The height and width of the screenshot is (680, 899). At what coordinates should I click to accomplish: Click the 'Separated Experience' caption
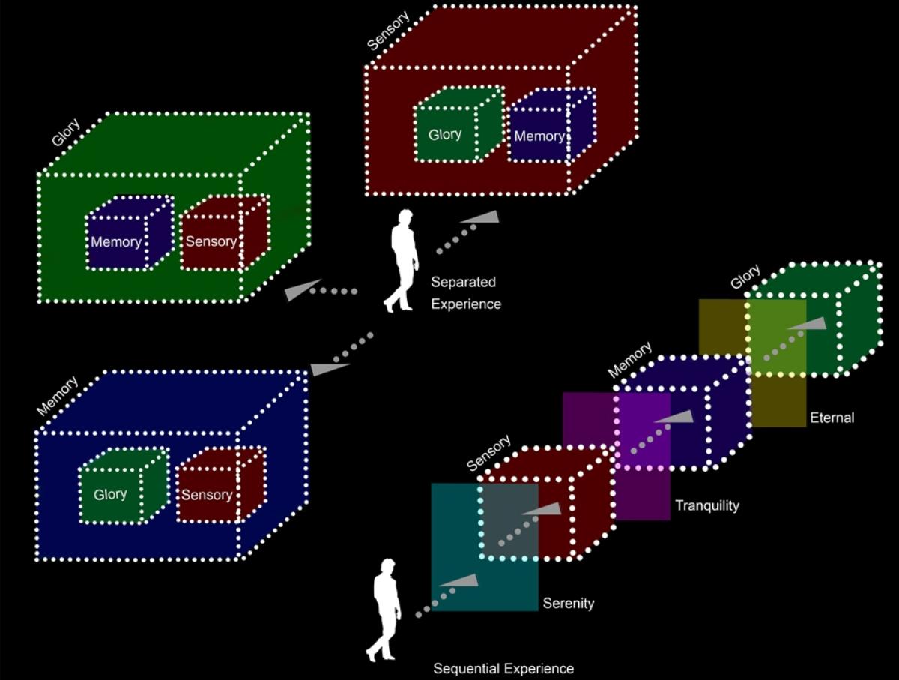click(x=465, y=293)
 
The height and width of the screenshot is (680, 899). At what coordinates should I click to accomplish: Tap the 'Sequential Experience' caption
click(x=503, y=668)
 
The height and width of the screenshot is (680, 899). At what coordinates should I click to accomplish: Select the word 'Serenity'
click(x=569, y=603)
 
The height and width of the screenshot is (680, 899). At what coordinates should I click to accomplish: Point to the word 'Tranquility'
click(x=706, y=505)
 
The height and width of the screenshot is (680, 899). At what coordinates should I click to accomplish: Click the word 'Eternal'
click(x=832, y=418)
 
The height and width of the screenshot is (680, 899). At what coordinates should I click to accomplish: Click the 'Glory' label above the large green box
click(x=66, y=133)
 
